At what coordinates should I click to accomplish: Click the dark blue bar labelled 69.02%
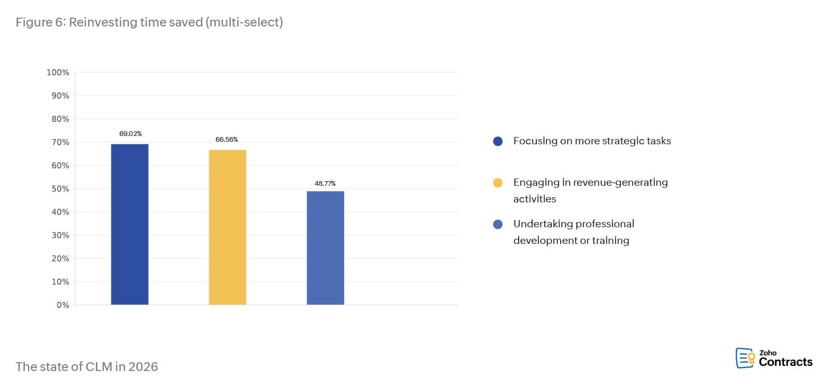point(130,224)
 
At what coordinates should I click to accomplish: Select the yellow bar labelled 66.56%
point(227,227)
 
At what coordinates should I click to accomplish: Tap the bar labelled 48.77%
point(325,248)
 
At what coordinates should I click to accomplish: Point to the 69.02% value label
point(131,134)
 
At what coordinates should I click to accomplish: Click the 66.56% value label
point(226,140)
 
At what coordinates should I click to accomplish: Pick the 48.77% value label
point(325,184)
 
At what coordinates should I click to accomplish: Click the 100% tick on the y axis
point(58,73)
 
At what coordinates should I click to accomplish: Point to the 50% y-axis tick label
point(60,189)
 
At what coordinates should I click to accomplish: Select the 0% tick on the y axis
point(63,305)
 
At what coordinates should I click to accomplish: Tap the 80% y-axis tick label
point(60,119)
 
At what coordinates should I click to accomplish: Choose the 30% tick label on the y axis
point(60,235)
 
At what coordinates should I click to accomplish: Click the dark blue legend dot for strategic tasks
point(498,141)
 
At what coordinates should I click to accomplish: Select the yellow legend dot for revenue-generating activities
point(498,183)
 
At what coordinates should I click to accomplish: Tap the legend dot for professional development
point(498,224)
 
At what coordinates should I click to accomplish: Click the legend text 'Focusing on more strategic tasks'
point(592,141)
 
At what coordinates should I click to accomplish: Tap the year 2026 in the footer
point(143,367)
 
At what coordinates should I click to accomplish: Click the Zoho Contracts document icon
point(745,358)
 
